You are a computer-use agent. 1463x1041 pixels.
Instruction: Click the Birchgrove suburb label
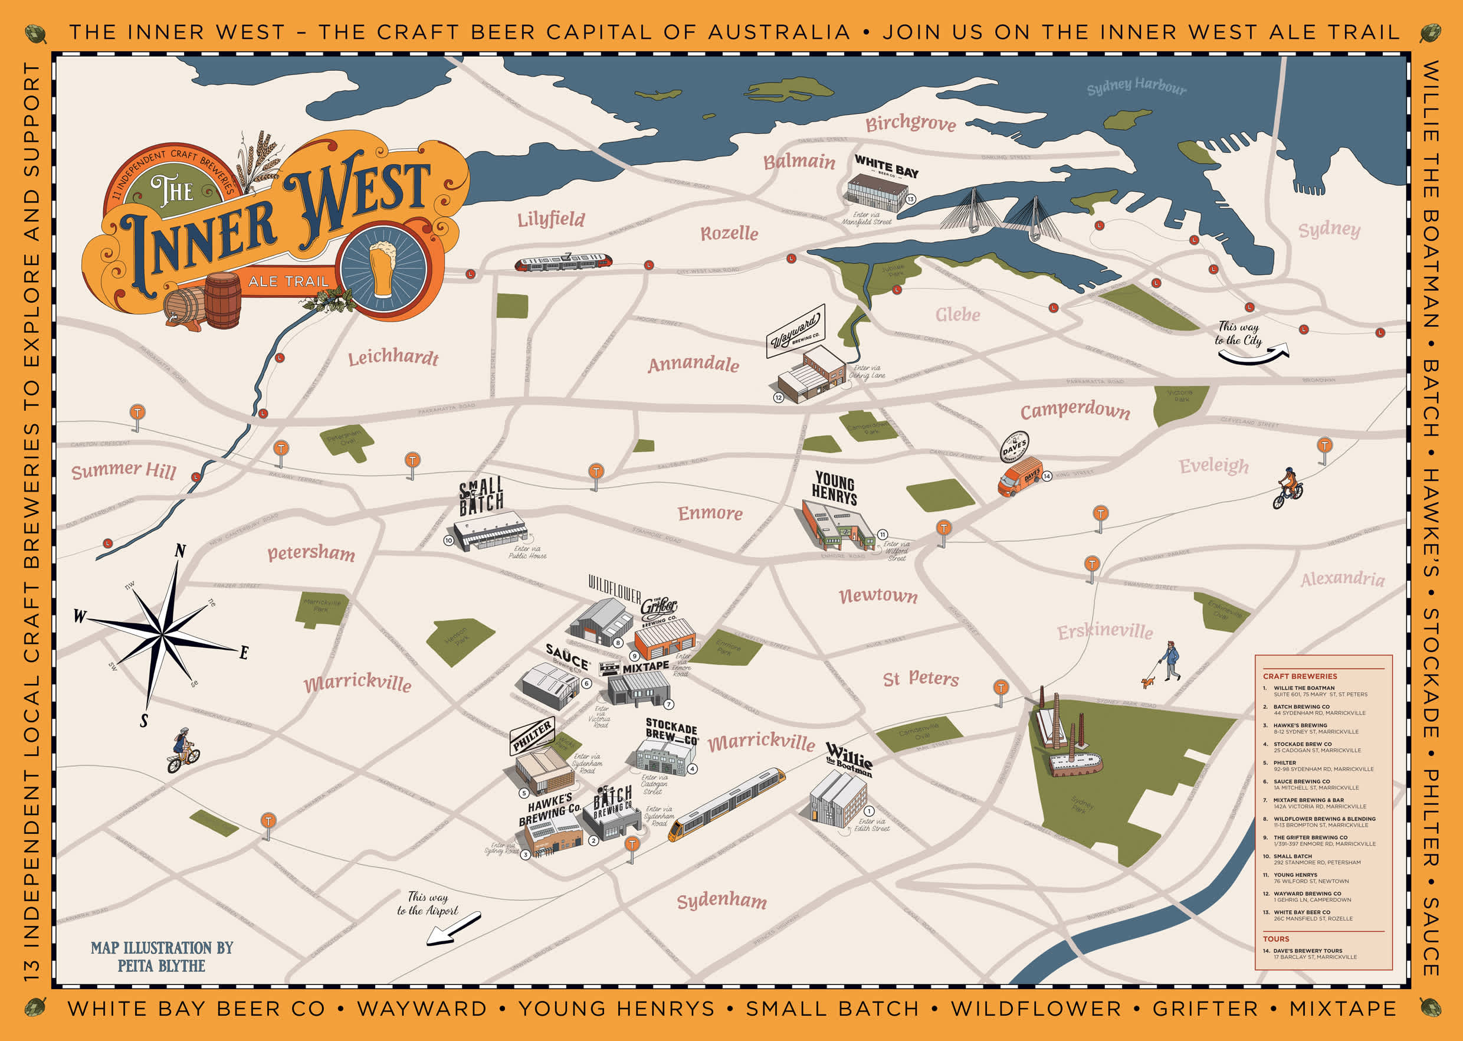(910, 123)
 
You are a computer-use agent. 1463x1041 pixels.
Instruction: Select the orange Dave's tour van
(1019, 477)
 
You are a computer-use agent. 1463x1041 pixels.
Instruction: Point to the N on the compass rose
(181, 551)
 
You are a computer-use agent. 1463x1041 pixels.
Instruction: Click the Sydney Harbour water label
(1136, 87)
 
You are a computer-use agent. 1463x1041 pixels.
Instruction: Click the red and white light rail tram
(563, 262)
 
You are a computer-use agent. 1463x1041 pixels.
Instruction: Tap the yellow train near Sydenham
(726, 805)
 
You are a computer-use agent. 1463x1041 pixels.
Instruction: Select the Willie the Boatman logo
(849, 760)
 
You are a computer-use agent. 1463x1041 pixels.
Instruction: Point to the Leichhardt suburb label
(393, 357)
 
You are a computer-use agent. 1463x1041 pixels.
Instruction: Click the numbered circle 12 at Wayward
(778, 397)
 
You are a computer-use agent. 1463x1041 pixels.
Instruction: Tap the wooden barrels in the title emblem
(204, 303)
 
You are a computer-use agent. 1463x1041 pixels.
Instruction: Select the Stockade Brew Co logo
(671, 732)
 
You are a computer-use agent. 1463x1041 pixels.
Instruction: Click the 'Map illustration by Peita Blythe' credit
(162, 957)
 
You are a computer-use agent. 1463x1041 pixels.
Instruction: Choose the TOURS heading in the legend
(1275, 939)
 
